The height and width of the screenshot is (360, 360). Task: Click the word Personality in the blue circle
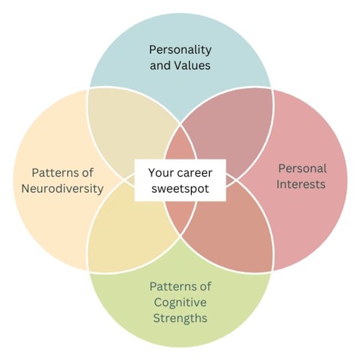(x=180, y=50)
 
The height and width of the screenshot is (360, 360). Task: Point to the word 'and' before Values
(x=160, y=65)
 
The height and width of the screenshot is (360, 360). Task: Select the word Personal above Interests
(x=302, y=169)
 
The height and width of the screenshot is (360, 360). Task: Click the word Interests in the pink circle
(x=302, y=184)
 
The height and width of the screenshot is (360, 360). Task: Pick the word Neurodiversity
(x=62, y=188)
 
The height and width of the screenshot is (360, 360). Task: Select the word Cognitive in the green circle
(x=180, y=302)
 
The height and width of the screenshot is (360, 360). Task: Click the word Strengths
(x=180, y=317)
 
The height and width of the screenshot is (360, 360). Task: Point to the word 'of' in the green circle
(x=205, y=286)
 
